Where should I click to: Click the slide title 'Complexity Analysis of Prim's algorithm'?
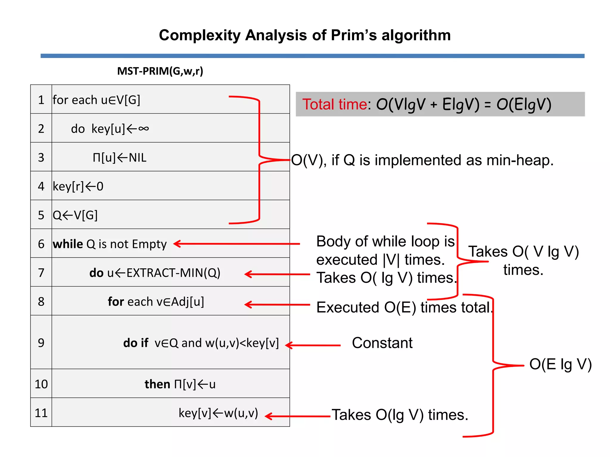click(x=305, y=35)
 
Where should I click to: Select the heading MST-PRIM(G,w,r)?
click(x=160, y=71)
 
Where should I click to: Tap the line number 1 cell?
click(x=41, y=100)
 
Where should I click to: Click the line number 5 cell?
click(x=41, y=215)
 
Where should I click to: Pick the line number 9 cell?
click(x=41, y=342)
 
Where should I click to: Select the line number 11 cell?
click(x=41, y=413)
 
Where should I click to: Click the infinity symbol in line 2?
click(x=144, y=129)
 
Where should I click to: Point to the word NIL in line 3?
click(x=138, y=158)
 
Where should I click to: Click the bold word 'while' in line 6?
click(x=68, y=244)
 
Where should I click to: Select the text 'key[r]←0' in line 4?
click(x=78, y=187)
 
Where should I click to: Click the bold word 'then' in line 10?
click(x=157, y=384)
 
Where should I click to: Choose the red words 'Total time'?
click(x=334, y=104)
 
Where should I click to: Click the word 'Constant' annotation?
click(x=382, y=343)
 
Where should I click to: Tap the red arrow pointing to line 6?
click(x=237, y=244)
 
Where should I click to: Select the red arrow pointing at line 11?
click(x=298, y=416)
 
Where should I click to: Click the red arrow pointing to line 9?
click(x=313, y=345)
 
